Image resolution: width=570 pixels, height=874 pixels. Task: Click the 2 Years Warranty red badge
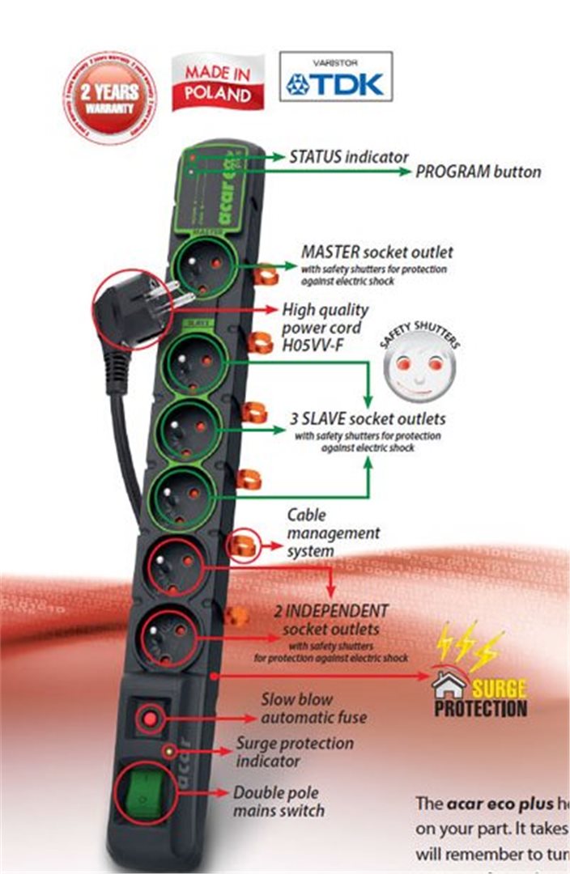coord(109,96)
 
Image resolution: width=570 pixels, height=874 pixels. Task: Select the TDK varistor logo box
coord(335,77)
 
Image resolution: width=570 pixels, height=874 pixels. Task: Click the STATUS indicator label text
coord(349,156)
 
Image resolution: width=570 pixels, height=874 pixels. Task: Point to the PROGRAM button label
coord(479,172)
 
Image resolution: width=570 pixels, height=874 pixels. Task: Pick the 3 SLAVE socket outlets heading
coord(368,420)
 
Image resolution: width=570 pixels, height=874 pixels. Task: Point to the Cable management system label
coord(333,532)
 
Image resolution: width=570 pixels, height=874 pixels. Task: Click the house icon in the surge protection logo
coord(449,687)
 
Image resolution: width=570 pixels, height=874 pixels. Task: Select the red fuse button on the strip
coord(151,717)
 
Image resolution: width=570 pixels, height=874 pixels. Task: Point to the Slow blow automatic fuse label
coord(313,708)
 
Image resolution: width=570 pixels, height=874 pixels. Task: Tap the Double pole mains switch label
coord(279,801)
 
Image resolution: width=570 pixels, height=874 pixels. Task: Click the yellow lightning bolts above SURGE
coord(469,647)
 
